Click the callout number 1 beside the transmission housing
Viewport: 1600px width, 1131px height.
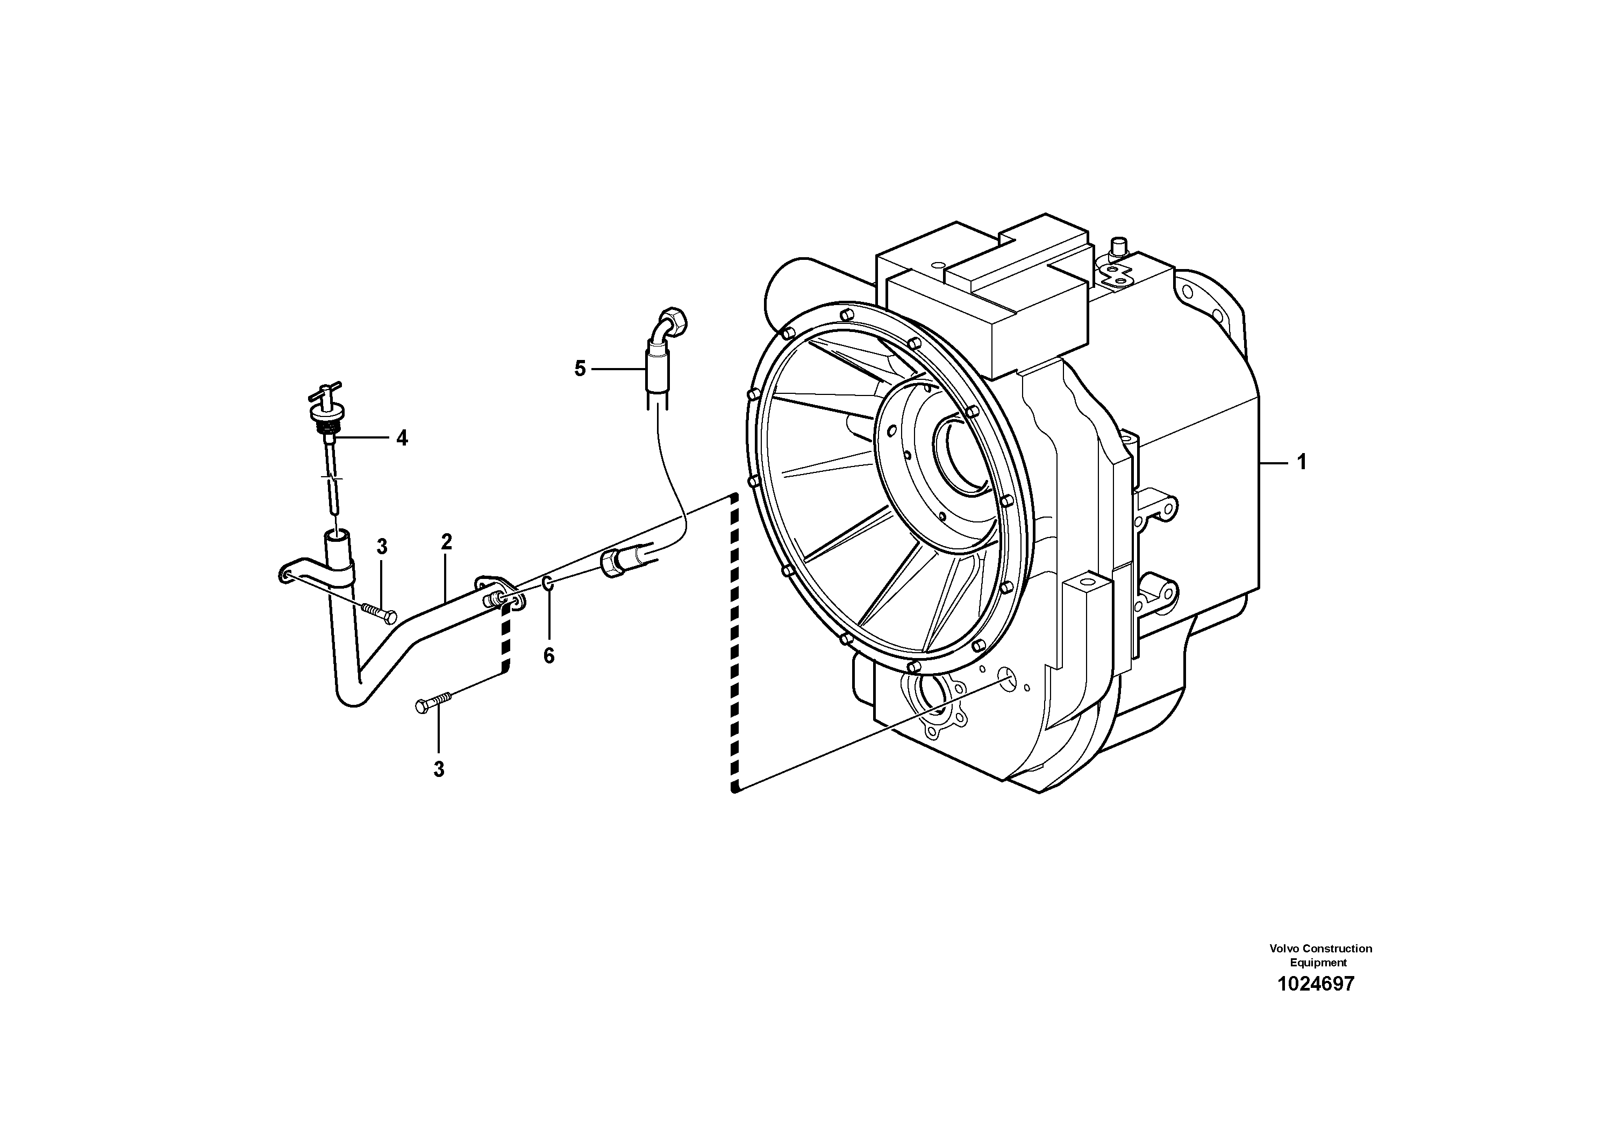pyautogui.click(x=1301, y=462)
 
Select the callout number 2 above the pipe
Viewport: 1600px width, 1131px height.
pyautogui.click(x=447, y=541)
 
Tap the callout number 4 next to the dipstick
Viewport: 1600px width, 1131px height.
pyautogui.click(x=402, y=438)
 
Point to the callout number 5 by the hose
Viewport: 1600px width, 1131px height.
pyautogui.click(x=580, y=369)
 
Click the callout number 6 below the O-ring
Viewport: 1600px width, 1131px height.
pyautogui.click(x=549, y=655)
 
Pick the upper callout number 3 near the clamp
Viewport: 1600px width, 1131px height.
pyautogui.click(x=382, y=547)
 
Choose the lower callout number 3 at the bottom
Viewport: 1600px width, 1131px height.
pyautogui.click(x=438, y=769)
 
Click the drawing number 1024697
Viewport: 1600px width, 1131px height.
pyautogui.click(x=1316, y=984)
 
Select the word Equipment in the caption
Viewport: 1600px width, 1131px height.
pyautogui.click(x=1318, y=962)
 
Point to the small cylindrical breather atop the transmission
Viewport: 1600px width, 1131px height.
pyautogui.click(x=1118, y=246)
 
